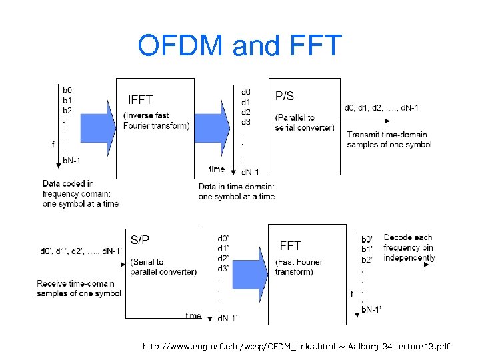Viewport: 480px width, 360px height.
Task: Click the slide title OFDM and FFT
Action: click(239, 46)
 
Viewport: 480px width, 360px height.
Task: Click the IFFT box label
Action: click(140, 100)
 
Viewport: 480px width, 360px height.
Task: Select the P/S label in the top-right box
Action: click(285, 96)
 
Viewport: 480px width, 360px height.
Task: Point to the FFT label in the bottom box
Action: click(290, 246)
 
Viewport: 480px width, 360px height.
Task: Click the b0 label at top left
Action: click(68, 89)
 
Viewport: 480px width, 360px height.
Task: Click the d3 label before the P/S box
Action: click(246, 122)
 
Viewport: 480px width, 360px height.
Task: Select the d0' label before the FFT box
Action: click(223, 238)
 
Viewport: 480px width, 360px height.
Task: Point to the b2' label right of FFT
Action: click(367, 259)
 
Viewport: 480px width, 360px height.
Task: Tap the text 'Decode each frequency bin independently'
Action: click(409, 247)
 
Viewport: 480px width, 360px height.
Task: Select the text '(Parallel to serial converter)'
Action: click(305, 123)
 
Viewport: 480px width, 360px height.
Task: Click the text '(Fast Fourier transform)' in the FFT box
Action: click(301, 267)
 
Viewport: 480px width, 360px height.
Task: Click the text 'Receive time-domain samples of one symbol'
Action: click(79, 288)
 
